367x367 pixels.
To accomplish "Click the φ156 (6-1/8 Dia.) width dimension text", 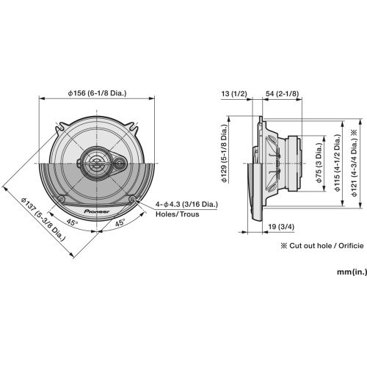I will point(98,94).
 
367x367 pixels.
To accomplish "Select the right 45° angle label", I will point(120,222).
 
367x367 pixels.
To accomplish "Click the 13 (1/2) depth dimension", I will point(235,94).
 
